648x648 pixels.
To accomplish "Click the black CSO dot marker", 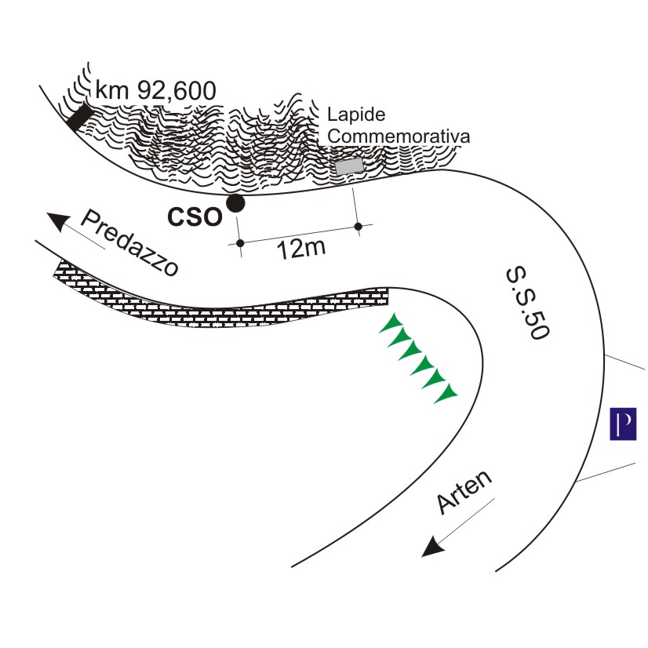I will pyautogui.click(x=235, y=204).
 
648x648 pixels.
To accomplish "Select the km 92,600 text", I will pyautogui.click(x=155, y=91).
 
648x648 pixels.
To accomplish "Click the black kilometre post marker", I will pyautogui.click(x=78, y=117).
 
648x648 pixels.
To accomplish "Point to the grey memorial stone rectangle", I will pyautogui.click(x=350, y=166).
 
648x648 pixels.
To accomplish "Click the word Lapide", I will pyautogui.click(x=356, y=115).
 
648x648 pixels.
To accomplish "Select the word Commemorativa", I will pyautogui.click(x=399, y=136).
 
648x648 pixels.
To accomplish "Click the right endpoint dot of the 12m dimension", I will pyautogui.click(x=359, y=227).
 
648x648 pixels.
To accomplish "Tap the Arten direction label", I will pyautogui.click(x=464, y=493).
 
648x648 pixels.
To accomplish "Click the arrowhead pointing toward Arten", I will pyautogui.click(x=430, y=548).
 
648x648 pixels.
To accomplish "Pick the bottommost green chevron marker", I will pyautogui.click(x=446, y=392).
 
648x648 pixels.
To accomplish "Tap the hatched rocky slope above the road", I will pyautogui.click(x=235, y=149).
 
